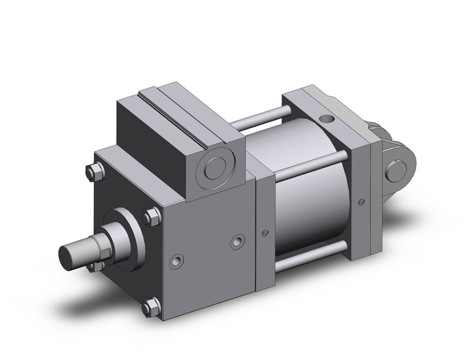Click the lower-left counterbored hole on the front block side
[177, 261]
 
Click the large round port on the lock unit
[215, 167]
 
